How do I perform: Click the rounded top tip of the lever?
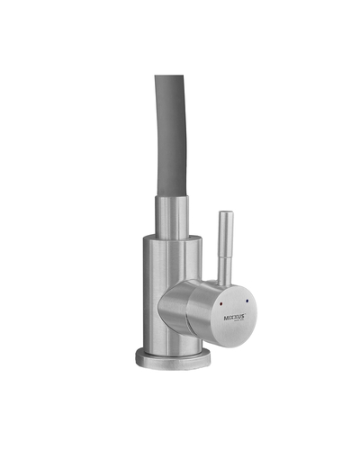(x=225, y=215)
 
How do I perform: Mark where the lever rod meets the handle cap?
(x=225, y=283)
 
